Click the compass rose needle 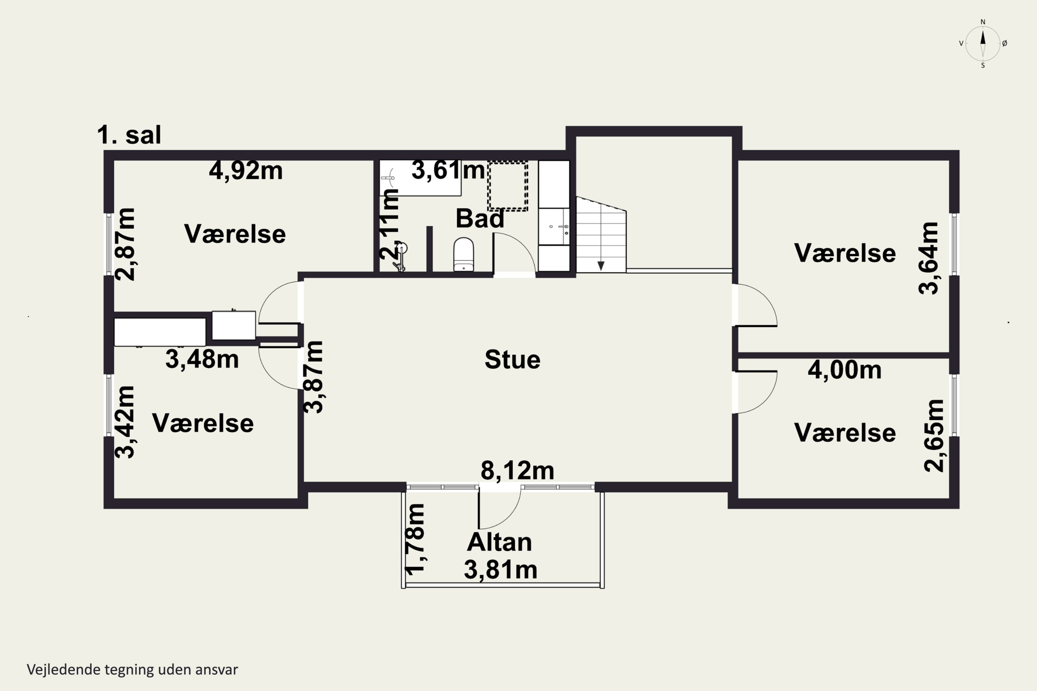pyautogui.click(x=982, y=43)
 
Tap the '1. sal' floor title pyautogui.click(x=129, y=134)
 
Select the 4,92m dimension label pyautogui.click(x=245, y=171)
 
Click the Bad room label pyautogui.click(x=480, y=219)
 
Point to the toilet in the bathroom pyautogui.click(x=464, y=254)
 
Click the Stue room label pyautogui.click(x=512, y=360)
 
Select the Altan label pyautogui.click(x=499, y=542)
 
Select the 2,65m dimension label pyautogui.click(x=934, y=436)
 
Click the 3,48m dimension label pyautogui.click(x=202, y=359)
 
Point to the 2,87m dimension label pyautogui.click(x=125, y=244)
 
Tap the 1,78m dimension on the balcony pyautogui.click(x=415, y=539)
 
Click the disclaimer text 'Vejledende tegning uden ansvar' pyautogui.click(x=132, y=670)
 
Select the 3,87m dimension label pyautogui.click(x=314, y=377)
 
